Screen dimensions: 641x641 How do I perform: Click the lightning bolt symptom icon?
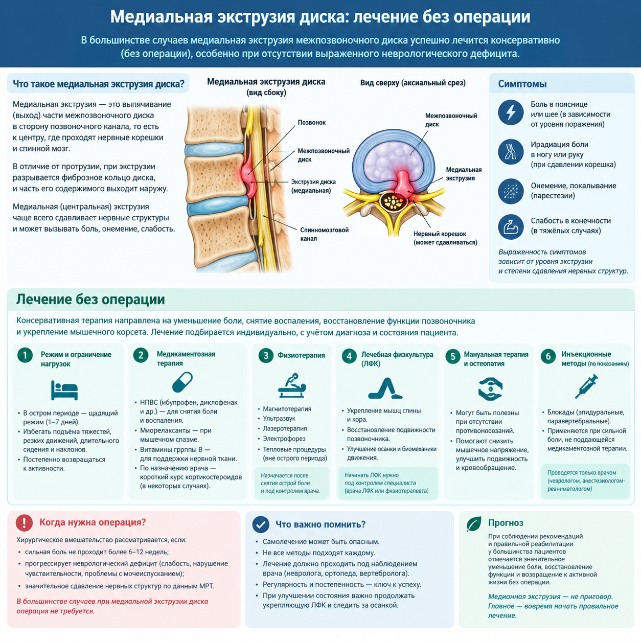(511, 112)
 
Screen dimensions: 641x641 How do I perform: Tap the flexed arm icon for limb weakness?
(511, 227)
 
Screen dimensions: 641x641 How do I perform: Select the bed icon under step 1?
(64, 390)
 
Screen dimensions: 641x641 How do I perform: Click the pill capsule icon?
(182, 382)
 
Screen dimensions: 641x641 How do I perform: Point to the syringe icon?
(586, 386)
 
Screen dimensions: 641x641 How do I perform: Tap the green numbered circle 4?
(349, 356)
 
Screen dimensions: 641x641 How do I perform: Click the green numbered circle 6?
(548, 356)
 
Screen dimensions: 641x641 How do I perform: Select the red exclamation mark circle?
(25, 522)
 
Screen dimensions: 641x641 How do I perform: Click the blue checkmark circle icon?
(261, 524)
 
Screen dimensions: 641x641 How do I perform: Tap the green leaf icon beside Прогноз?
(474, 524)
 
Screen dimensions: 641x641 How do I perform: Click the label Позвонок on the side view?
(312, 122)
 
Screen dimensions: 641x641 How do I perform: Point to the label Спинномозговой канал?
(324, 234)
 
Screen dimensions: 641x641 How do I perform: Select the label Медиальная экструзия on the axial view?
(464, 174)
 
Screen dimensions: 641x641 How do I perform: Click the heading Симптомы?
(522, 84)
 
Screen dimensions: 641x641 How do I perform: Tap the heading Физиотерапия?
(302, 355)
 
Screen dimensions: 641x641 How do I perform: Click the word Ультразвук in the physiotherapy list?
(279, 419)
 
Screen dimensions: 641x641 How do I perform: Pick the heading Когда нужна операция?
(93, 522)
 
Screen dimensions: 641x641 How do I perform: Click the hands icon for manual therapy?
(490, 389)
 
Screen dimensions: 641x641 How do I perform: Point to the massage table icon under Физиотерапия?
(292, 385)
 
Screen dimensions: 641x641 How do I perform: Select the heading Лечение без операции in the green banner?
(90, 300)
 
